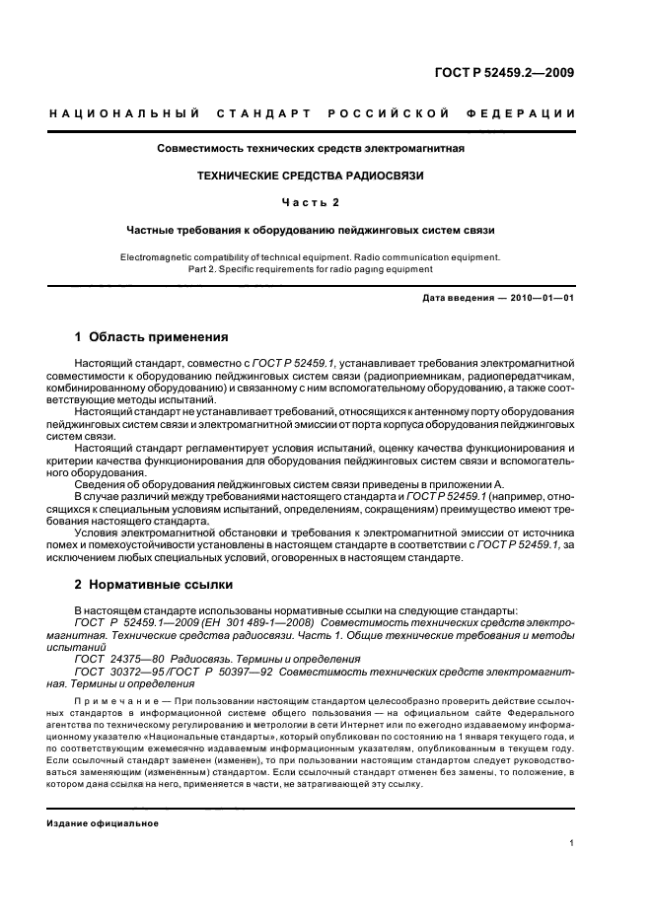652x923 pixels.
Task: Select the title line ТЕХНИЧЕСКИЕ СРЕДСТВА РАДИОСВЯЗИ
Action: point(311,176)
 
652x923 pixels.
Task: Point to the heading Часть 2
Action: point(311,202)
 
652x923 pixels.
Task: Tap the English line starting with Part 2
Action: point(311,269)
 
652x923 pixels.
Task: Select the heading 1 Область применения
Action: point(152,336)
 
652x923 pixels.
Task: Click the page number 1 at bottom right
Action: point(572,843)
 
